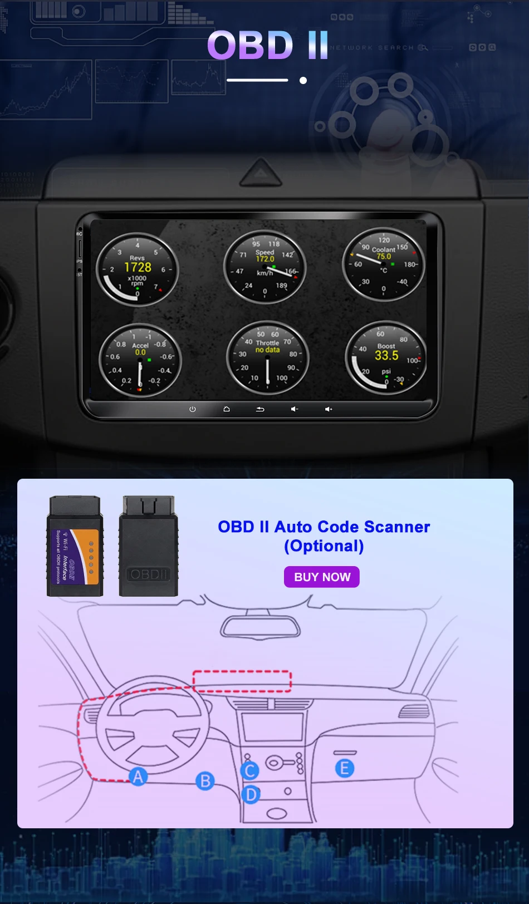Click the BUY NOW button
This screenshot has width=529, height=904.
click(322, 577)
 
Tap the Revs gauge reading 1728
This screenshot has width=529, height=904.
click(138, 267)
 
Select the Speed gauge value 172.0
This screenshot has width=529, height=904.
click(265, 259)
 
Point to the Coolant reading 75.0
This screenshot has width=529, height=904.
click(384, 257)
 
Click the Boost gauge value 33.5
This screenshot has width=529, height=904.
click(386, 355)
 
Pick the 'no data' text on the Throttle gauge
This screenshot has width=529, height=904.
click(267, 350)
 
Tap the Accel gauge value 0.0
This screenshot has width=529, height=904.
click(140, 352)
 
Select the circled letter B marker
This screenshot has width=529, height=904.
click(205, 781)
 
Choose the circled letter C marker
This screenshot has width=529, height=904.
click(250, 770)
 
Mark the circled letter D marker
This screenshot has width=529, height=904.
click(251, 794)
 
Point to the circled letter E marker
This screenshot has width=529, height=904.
click(345, 768)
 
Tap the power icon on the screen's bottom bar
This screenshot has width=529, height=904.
click(193, 409)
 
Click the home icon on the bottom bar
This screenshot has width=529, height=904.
click(227, 409)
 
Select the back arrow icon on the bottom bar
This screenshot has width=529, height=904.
click(260, 409)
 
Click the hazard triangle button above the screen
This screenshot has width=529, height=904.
click(261, 174)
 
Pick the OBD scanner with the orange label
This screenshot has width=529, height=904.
click(75, 547)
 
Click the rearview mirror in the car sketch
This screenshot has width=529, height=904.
click(260, 627)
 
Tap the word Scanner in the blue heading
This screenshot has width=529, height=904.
click(397, 527)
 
